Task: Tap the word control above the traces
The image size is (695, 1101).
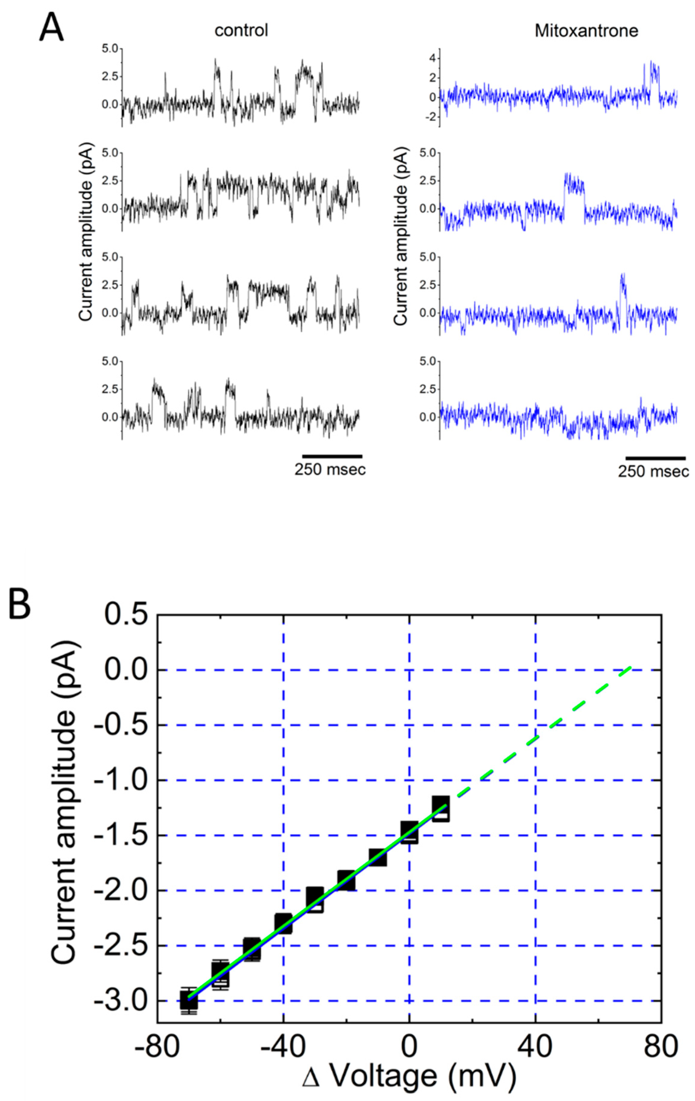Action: point(241,31)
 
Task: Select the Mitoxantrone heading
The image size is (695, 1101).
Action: point(586,31)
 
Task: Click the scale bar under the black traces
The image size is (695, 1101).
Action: point(332,456)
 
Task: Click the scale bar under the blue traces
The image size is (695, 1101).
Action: point(655,457)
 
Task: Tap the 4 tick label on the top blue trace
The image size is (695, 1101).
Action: point(431,58)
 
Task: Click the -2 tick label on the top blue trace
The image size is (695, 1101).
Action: point(429,118)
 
